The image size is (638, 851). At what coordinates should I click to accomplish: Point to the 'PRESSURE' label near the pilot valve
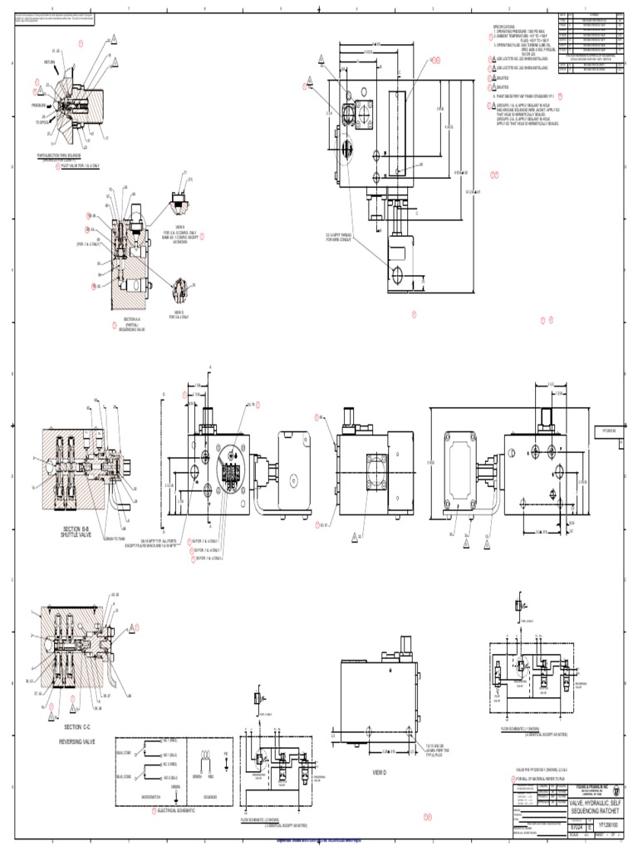tap(39, 106)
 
